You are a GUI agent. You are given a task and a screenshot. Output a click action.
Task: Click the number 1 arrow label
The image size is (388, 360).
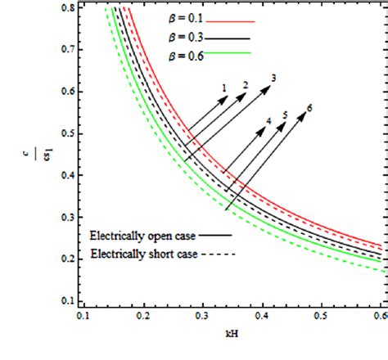223,87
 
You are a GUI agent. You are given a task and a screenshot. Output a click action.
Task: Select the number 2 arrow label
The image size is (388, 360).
245,85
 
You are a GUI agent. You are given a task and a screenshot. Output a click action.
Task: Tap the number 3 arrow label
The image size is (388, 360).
273,78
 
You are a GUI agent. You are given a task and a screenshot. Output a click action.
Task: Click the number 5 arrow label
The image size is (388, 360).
285,115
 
